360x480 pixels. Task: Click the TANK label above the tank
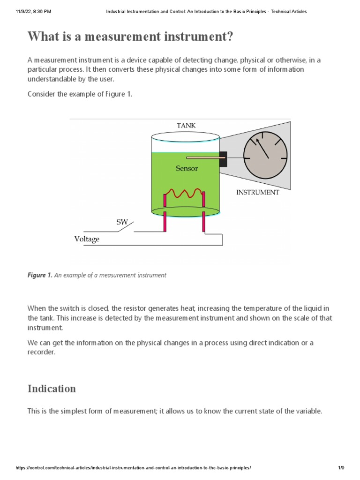pyautogui.click(x=186, y=125)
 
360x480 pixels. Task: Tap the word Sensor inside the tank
pyautogui.click(x=187, y=168)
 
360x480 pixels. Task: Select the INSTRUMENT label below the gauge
pyautogui.click(x=257, y=192)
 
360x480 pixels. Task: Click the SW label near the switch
pyautogui.click(x=122, y=222)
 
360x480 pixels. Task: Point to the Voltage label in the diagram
pyautogui.click(x=87, y=239)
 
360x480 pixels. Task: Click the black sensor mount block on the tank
pyautogui.click(x=223, y=158)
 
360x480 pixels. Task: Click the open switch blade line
pyautogui.click(x=126, y=227)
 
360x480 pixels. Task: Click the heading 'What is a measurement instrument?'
pyautogui.click(x=130, y=37)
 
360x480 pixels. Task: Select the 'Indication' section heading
pyautogui.click(x=52, y=389)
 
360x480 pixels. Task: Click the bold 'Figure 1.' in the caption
pyautogui.click(x=40, y=275)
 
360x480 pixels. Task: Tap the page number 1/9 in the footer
pyautogui.click(x=341, y=468)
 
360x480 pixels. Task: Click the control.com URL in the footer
pyautogui.click(x=134, y=468)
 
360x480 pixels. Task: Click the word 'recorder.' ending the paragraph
pyautogui.click(x=41, y=352)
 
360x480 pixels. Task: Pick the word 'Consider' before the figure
pyautogui.click(x=42, y=94)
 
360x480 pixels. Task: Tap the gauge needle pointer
pyautogui.click(x=262, y=148)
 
